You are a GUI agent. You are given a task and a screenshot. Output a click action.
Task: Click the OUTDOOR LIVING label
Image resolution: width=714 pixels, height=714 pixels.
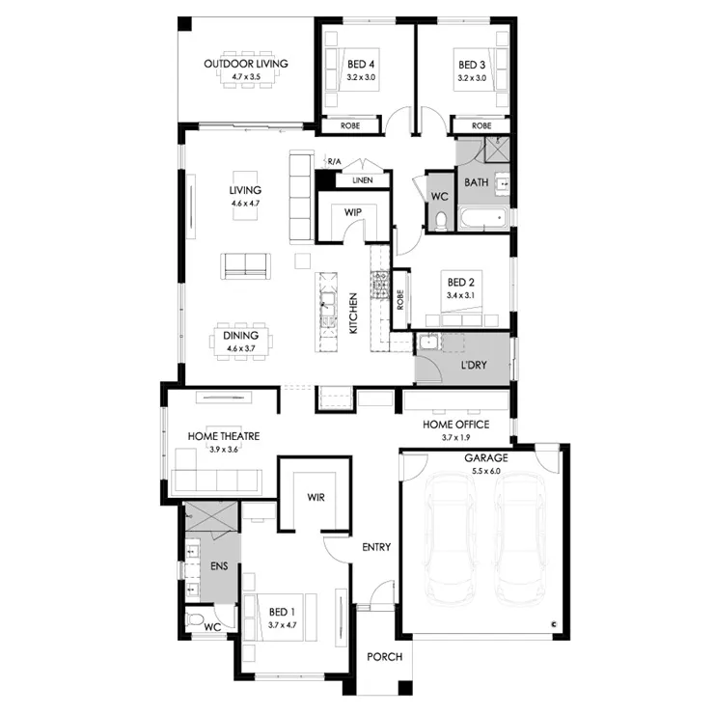pyautogui.click(x=246, y=64)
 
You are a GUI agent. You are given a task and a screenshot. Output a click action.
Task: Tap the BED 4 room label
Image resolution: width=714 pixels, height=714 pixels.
pyautogui.click(x=361, y=65)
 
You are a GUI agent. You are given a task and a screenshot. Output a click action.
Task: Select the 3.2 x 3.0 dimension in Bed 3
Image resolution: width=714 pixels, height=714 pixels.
pyautogui.click(x=472, y=78)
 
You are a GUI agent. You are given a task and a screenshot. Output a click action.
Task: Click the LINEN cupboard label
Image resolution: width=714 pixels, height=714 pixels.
pyautogui.click(x=363, y=180)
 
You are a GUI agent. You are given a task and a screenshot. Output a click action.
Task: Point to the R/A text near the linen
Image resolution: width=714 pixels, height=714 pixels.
pyautogui.click(x=334, y=162)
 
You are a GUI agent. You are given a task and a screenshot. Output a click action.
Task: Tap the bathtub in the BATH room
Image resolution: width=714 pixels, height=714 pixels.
pyautogui.click(x=483, y=218)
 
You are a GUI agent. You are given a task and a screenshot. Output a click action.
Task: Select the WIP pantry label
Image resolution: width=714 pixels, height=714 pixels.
pyautogui.click(x=353, y=212)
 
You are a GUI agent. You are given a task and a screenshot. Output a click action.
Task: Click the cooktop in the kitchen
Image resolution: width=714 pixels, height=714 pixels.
pyautogui.click(x=380, y=284)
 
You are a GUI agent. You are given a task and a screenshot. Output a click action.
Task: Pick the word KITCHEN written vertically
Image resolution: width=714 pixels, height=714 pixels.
pyautogui.click(x=353, y=314)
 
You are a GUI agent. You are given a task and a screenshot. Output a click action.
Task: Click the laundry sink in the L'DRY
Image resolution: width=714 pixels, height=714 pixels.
pyautogui.click(x=428, y=342)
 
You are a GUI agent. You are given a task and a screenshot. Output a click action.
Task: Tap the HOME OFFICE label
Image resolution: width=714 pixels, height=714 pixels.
pyautogui.click(x=455, y=425)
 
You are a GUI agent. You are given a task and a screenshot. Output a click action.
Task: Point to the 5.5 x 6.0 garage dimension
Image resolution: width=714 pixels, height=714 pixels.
pyautogui.click(x=486, y=471)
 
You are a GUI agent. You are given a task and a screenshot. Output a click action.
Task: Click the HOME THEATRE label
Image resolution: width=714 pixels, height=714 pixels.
pyautogui.click(x=224, y=436)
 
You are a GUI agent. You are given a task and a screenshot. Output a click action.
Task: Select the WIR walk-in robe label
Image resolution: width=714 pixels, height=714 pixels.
pyautogui.click(x=316, y=497)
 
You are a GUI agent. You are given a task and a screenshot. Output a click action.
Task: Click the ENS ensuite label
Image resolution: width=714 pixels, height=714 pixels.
pyautogui.click(x=219, y=566)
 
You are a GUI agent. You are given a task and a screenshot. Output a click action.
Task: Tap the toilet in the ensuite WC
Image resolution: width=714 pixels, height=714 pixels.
pyautogui.click(x=195, y=619)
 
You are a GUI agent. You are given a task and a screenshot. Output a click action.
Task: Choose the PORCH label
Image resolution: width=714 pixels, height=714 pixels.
pyautogui.click(x=385, y=657)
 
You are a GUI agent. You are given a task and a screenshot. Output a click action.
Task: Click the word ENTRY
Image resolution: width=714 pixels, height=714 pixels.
pyautogui.click(x=376, y=547)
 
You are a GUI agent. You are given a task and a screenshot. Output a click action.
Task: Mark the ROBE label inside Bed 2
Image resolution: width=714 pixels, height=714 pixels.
pyautogui.click(x=400, y=300)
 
